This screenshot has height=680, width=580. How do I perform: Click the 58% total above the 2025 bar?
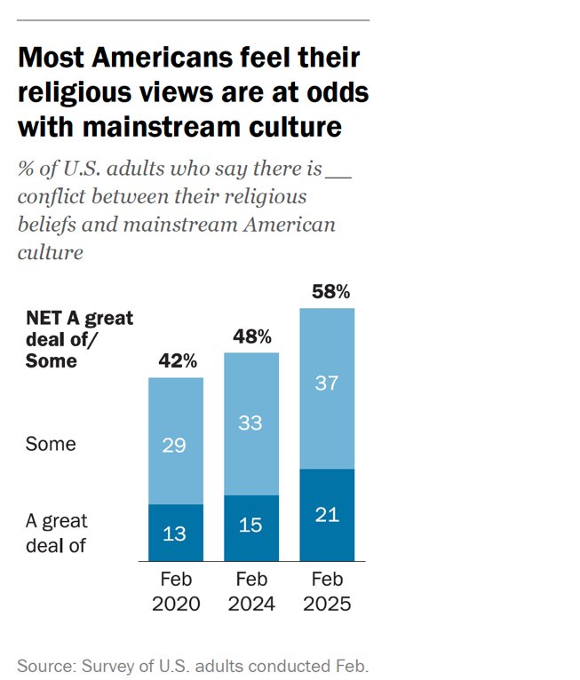pyautogui.click(x=327, y=291)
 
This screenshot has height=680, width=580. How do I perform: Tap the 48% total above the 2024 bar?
pyautogui.click(x=251, y=336)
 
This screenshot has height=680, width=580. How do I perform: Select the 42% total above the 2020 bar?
pyautogui.click(x=176, y=360)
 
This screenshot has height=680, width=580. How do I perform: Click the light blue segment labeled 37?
pyautogui.click(x=327, y=388)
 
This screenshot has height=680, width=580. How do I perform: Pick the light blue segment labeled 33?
pyautogui.click(x=251, y=423)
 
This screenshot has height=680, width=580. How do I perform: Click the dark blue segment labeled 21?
pyautogui.click(x=327, y=515)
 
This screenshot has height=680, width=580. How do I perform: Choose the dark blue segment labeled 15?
pyautogui.click(x=251, y=526)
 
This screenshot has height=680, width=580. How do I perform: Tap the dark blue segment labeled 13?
pyautogui.click(x=176, y=533)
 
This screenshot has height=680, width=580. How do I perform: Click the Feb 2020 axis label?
pyautogui.click(x=176, y=591)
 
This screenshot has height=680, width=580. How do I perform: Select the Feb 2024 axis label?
pyautogui.click(x=251, y=591)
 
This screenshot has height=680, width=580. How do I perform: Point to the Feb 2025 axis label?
pyautogui.click(x=327, y=591)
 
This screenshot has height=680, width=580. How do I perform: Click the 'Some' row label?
pyautogui.click(x=51, y=444)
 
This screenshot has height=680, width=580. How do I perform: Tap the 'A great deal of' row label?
pyautogui.click(x=57, y=533)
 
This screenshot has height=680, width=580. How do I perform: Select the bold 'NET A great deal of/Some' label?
pyautogui.click(x=78, y=339)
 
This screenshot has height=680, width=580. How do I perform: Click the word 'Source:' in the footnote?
pyautogui.click(x=45, y=665)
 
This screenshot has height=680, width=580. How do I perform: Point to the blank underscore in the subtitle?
pyautogui.click(x=338, y=170)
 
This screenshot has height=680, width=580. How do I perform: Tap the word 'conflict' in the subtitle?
pyautogui.click(x=52, y=197)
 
